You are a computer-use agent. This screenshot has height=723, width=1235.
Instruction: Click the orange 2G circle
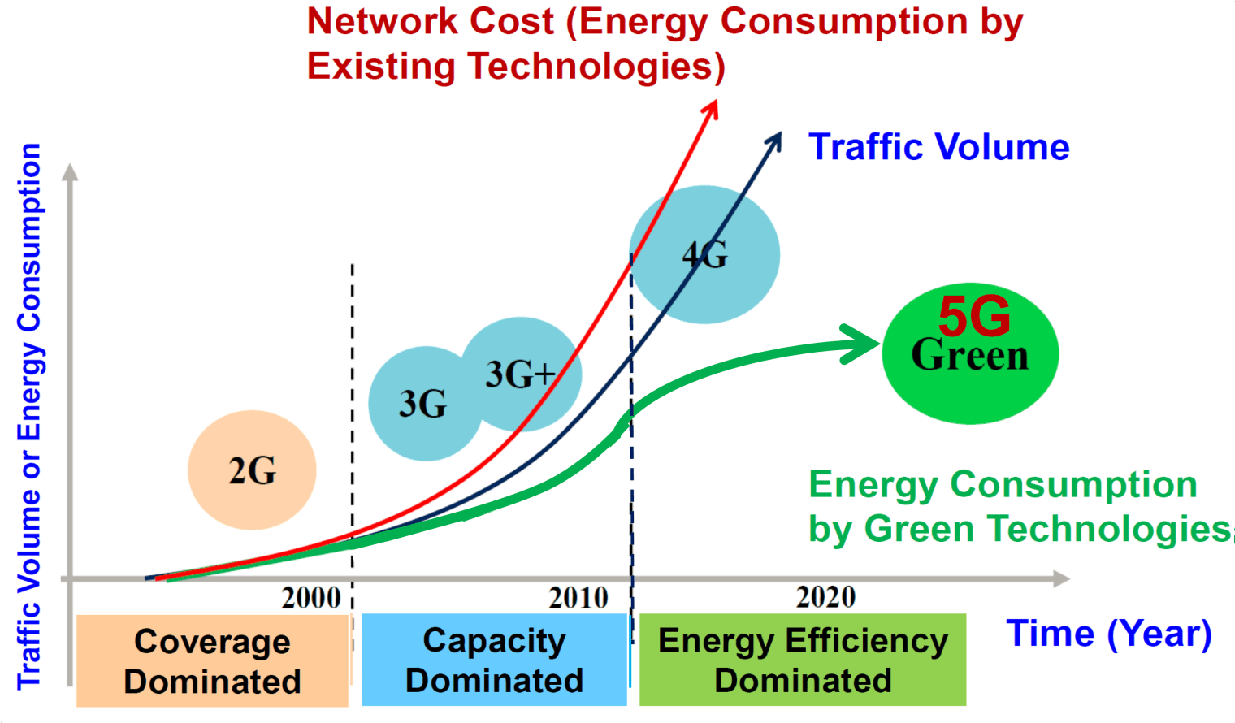252,470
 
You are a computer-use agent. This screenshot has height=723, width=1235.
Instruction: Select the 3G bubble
422,404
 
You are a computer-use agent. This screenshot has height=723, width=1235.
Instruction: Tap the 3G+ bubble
522,374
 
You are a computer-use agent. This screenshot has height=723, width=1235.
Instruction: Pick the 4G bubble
704,254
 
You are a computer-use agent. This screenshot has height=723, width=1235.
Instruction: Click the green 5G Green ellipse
970,353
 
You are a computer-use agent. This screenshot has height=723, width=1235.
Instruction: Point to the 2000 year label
311,598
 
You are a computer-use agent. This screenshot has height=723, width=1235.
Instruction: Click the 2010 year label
578,598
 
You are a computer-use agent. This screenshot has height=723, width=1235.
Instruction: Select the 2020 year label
825,597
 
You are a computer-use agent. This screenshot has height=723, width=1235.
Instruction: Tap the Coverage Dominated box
212,660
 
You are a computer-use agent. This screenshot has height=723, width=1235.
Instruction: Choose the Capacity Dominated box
494,660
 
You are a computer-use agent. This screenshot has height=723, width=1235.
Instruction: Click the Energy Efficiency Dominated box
803,660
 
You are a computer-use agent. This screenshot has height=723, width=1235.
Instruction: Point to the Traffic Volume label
938,147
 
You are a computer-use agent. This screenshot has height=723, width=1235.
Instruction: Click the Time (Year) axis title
1109,634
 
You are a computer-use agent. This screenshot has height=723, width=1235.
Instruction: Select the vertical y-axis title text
29,414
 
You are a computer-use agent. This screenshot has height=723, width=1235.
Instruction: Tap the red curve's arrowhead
712,109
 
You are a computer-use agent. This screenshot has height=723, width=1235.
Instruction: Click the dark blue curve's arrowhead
774,142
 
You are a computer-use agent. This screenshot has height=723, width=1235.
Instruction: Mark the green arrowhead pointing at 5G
861,344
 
